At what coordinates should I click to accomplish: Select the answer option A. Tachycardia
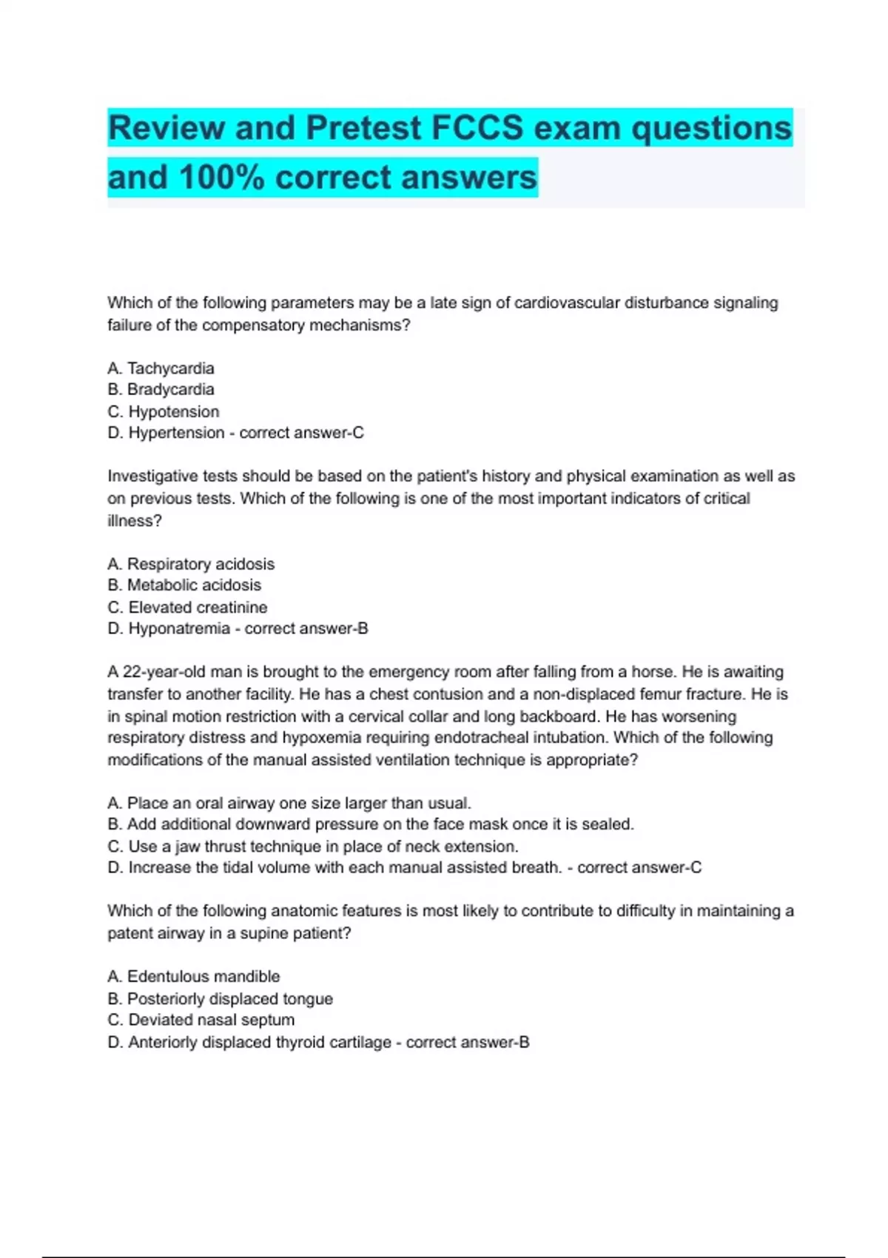click(x=161, y=368)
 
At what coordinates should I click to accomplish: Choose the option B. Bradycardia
click(x=161, y=389)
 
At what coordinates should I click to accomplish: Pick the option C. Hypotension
click(x=164, y=411)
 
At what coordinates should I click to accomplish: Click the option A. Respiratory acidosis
click(x=191, y=564)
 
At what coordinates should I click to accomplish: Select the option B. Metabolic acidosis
click(x=184, y=585)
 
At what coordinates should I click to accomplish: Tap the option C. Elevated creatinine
click(x=187, y=608)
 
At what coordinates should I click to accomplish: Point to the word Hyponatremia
click(x=179, y=629)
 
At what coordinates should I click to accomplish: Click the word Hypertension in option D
click(x=176, y=433)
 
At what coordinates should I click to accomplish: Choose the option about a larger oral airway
click(x=289, y=803)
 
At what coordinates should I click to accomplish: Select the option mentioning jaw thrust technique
click(x=313, y=847)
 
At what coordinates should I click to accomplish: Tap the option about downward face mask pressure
click(x=371, y=824)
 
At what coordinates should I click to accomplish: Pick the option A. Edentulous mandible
click(x=194, y=977)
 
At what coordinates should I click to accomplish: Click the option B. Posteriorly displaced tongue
click(x=221, y=999)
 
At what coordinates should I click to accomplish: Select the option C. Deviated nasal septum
click(x=201, y=1020)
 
